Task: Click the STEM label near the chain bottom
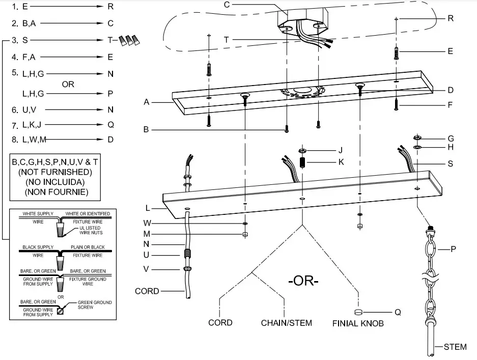point(455,347)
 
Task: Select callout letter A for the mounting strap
point(146,102)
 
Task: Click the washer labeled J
point(302,151)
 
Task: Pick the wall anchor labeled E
point(396,52)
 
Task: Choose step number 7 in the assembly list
point(15,124)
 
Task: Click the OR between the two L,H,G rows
point(68,84)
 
